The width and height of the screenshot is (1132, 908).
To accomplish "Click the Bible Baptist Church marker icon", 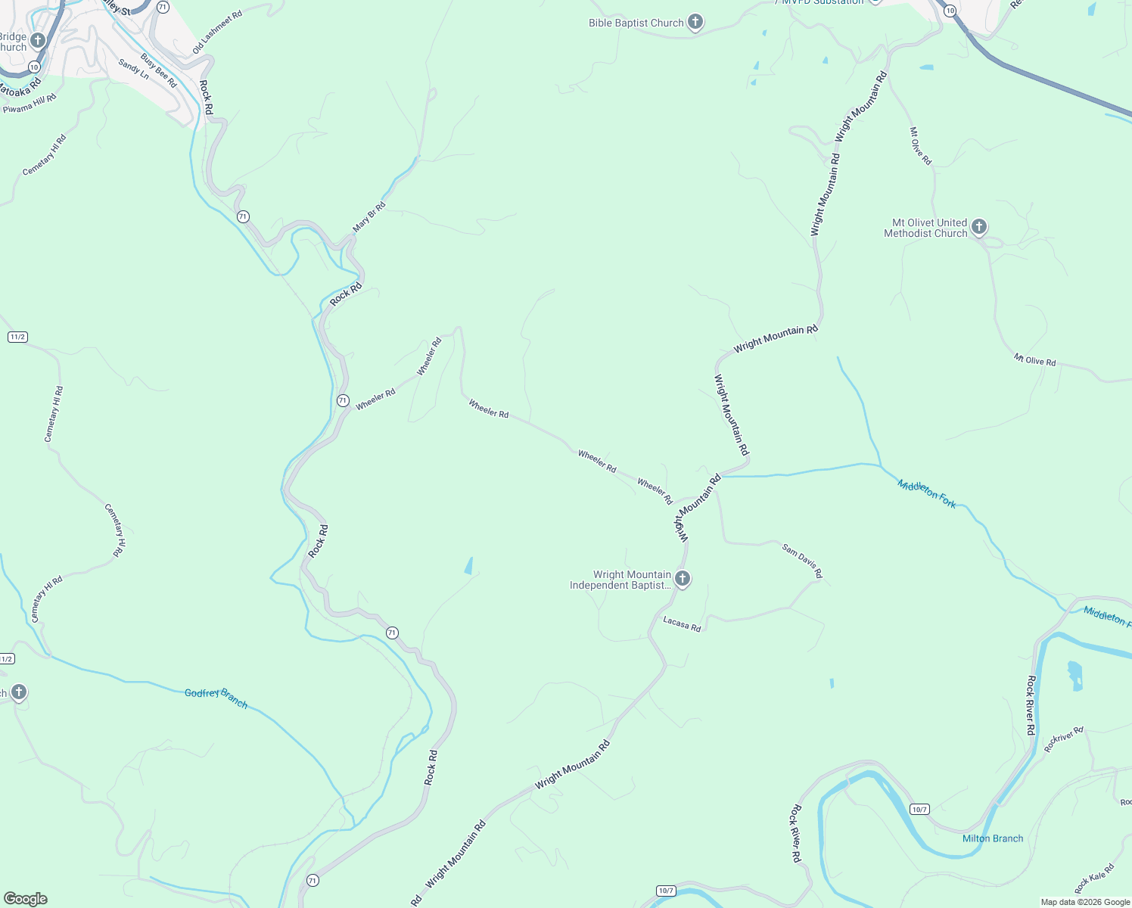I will click(695, 23).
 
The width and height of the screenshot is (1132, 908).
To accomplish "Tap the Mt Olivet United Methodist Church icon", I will click(979, 227).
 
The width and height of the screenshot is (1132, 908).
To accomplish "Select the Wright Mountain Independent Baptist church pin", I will click(683, 580).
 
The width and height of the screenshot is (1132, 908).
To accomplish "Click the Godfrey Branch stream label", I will click(216, 698).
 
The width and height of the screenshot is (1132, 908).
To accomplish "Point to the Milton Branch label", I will click(992, 838).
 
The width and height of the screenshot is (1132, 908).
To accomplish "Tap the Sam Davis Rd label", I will click(802, 561).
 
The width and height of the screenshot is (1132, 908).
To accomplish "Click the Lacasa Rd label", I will click(682, 624).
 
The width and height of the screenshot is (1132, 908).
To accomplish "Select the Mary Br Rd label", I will click(369, 217).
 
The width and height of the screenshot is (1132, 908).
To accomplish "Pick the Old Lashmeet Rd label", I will click(217, 33).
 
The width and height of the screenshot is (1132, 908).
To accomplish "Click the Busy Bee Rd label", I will click(158, 70).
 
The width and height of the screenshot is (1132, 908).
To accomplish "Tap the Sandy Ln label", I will click(134, 70).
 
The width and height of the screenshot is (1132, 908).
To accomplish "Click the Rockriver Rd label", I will click(1064, 739).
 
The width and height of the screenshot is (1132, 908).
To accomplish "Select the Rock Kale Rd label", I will click(1094, 878).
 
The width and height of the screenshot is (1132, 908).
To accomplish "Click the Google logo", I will click(26, 898).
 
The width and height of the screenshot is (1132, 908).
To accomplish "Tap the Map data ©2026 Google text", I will click(1085, 902).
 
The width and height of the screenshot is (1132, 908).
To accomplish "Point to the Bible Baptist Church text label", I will click(636, 23).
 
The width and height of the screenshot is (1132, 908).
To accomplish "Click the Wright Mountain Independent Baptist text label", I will click(620, 580).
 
